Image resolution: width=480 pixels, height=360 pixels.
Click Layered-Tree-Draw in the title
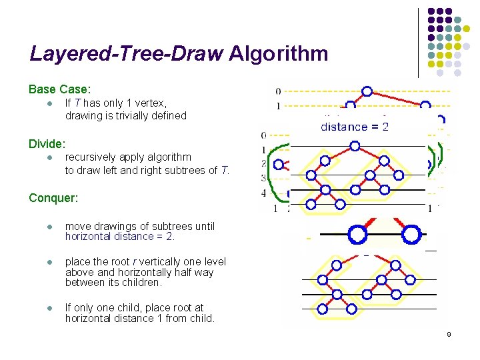tap(126, 53)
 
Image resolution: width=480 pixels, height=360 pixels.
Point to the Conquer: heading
tap(54, 198)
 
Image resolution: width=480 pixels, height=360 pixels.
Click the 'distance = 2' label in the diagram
tap(355, 127)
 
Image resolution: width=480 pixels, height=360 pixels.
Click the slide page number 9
tap(449, 334)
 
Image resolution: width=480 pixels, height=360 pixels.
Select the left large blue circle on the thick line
tap(357, 235)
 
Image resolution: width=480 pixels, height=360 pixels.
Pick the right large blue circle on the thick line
tap(412, 235)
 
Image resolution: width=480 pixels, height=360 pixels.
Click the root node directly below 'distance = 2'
tap(355, 146)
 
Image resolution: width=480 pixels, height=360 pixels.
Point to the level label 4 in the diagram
tap(264, 193)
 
